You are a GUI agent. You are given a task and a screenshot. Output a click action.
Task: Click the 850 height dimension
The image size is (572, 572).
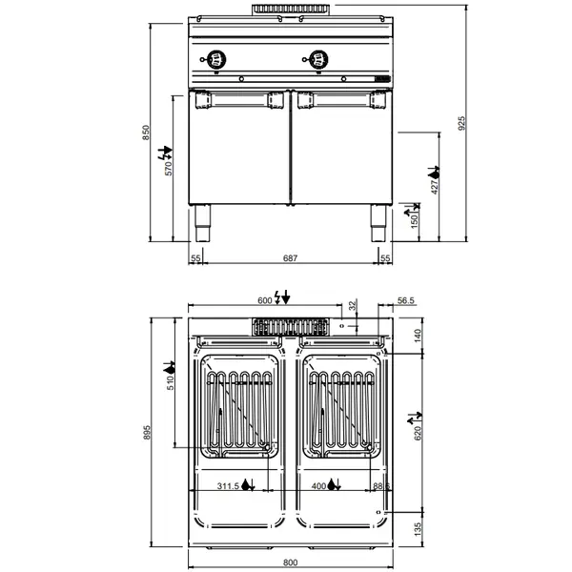147,133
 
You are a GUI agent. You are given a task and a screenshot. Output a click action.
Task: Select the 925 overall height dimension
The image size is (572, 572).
461,124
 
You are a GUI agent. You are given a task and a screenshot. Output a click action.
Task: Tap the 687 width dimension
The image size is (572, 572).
291,258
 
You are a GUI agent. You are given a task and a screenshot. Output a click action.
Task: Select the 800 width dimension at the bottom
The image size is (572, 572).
291,562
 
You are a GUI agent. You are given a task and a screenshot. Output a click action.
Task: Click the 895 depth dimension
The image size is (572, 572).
146,431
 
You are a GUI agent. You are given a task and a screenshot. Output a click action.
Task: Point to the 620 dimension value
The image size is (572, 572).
418,438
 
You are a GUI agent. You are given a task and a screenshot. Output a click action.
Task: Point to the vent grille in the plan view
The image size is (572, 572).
289,327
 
